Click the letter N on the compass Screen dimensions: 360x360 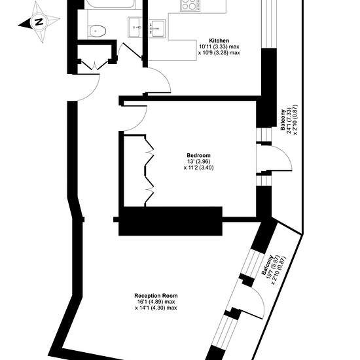click(39, 22)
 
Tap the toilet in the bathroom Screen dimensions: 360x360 click(98, 31)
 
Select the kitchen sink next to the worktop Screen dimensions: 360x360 click(157, 28)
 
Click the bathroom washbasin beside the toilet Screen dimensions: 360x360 click(135, 27)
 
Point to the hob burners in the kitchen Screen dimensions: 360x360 click(190, 5)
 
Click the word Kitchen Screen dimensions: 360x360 click(219, 41)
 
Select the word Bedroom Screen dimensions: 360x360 click(198, 155)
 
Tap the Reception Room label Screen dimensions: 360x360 click(156, 295)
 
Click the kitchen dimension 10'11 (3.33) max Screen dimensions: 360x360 click(219, 46)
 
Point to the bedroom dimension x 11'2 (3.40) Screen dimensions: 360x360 click(198, 168)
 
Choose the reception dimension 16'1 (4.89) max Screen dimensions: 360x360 click(156, 302)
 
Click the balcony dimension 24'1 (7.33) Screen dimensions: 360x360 click(289, 120)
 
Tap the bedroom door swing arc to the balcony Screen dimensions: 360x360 click(284, 154)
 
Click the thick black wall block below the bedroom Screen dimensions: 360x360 click(170, 221)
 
